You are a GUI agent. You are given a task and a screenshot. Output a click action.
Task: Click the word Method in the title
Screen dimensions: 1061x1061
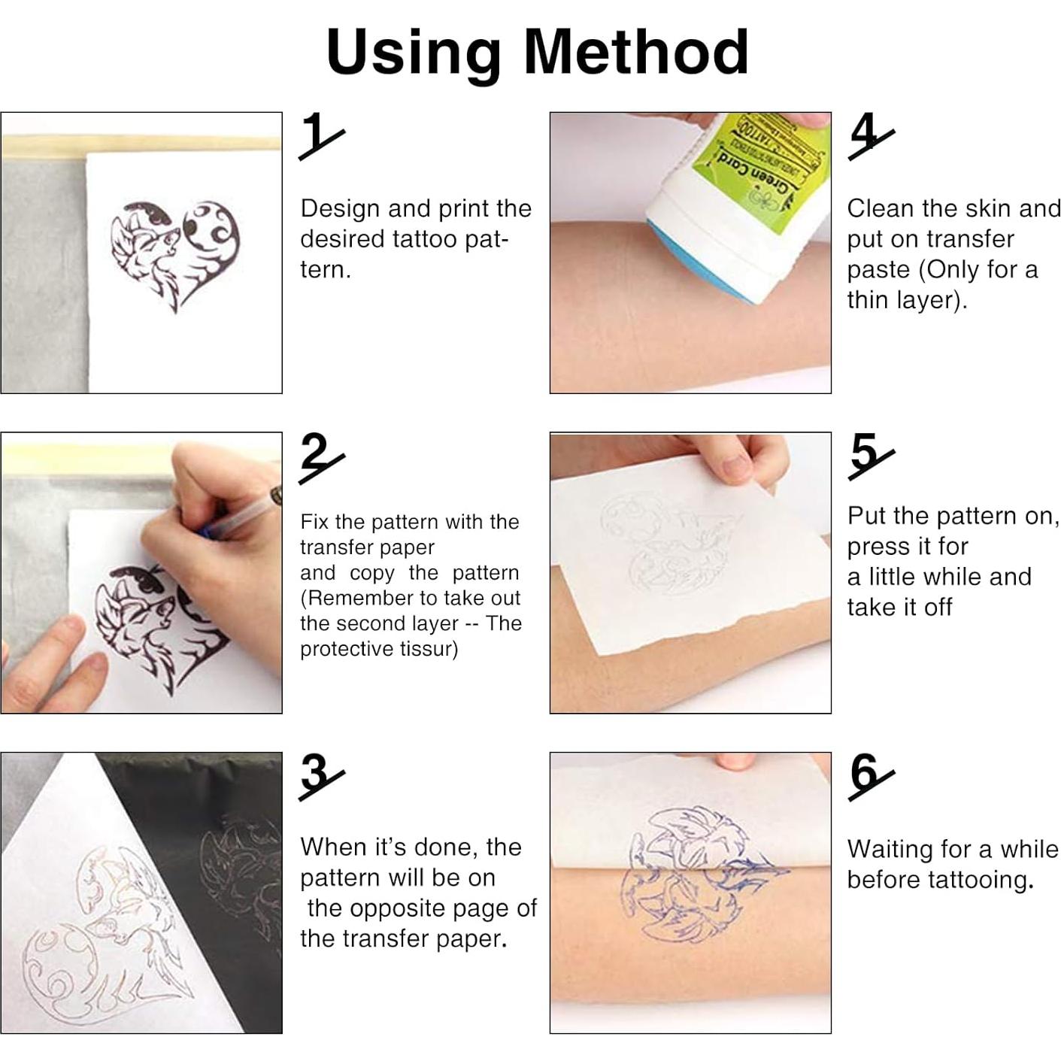(636, 52)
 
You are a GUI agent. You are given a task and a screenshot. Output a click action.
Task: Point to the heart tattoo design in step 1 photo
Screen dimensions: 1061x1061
(175, 255)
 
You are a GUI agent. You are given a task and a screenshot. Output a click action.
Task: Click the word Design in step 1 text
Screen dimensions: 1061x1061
(339, 210)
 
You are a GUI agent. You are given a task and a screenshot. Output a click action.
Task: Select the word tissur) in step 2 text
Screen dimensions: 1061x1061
(425, 649)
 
